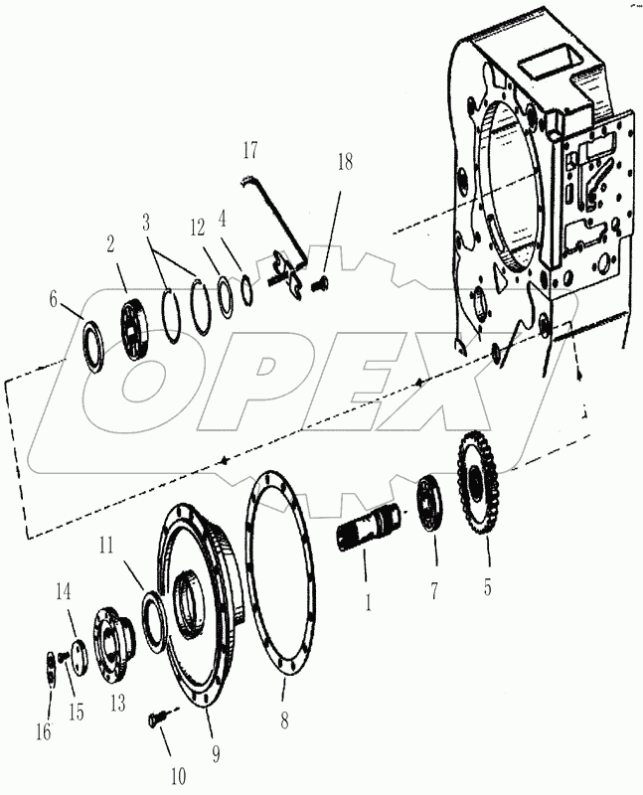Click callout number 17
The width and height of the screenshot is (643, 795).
point(249,150)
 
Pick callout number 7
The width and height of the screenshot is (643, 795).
point(433,590)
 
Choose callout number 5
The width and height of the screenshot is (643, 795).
point(487,586)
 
